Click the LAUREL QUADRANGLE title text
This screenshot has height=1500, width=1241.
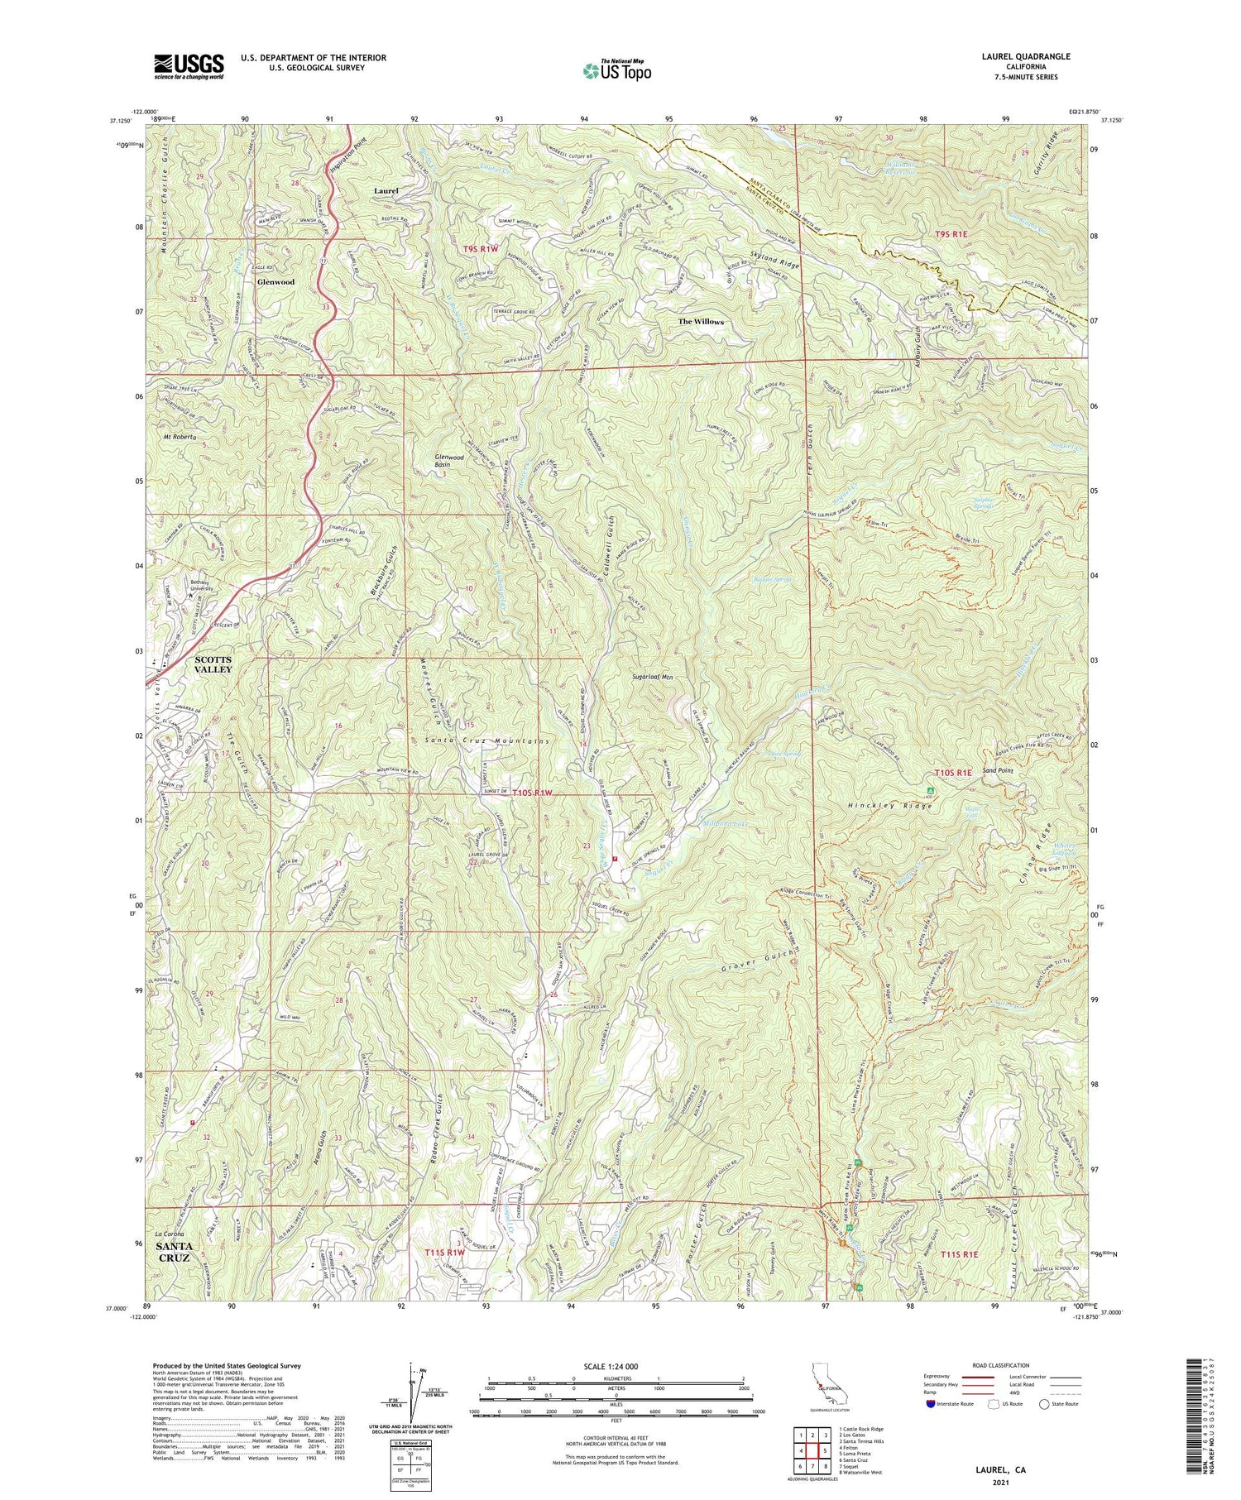click(1022, 56)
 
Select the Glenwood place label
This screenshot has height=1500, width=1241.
click(276, 281)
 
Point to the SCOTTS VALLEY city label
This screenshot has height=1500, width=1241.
click(213, 664)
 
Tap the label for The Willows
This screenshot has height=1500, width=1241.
click(701, 322)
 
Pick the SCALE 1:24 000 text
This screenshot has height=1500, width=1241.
click(616, 1367)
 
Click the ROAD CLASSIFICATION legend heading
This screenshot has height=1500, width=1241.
click(1001, 1365)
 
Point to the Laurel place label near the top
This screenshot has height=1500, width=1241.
click(386, 190)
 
